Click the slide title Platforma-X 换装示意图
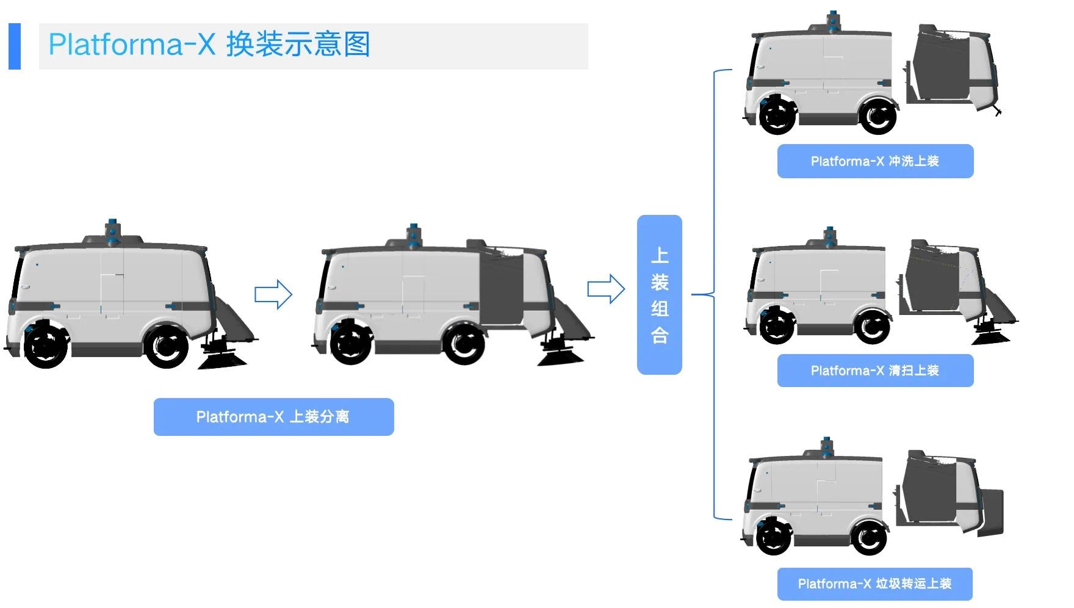point(209,45)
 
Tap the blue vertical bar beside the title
point(15,46)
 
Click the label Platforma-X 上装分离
point(273,417)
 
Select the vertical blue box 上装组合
point(659,294)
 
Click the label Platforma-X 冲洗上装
point(875,161)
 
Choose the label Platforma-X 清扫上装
point(875,371)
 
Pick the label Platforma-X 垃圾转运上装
point(874,584)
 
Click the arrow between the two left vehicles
point(273,294)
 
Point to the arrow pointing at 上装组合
point(605,289)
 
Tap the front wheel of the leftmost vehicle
point(46,345)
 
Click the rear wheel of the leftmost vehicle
point(166,346)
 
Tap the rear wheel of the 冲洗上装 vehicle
point(878,115)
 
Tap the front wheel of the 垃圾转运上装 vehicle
point(774,536)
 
